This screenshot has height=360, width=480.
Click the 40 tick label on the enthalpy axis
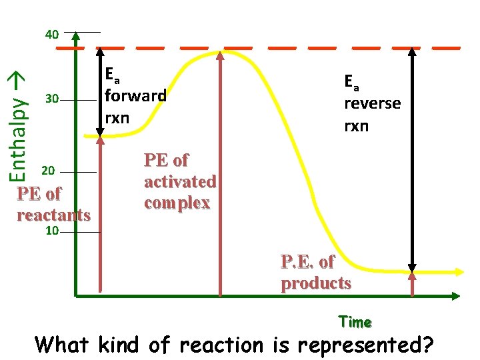tap(52, 34)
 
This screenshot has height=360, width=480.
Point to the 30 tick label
tap(52, 100)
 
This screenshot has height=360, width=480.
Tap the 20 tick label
tap(48, 171)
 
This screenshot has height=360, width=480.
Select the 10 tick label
tap(53, 231)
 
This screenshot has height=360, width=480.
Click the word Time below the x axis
tap(355, 323)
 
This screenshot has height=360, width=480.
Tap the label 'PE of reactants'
tap(53, 204)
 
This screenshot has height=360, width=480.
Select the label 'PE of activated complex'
tap(180, 181)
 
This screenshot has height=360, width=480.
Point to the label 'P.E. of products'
tap(316, 272)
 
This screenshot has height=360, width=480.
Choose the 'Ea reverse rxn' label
tap(372, 103)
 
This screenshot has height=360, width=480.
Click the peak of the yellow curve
tap(225, 51)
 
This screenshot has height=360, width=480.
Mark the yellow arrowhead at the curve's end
tap(459, 272)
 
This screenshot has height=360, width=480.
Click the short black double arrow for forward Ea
tap(99, 93)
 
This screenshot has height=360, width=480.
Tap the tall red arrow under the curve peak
tap(220, 173)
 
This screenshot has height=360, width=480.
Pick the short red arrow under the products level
tap(412, 283)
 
